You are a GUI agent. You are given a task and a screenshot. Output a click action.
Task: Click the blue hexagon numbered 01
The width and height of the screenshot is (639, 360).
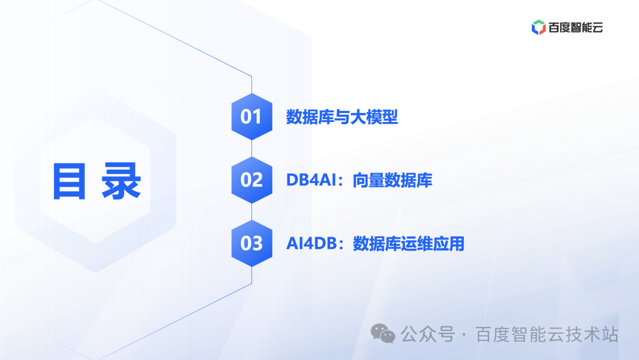pyautogui.click(x=251, y=117)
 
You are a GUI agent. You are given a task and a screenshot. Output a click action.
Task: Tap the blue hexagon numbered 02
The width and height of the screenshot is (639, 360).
pyautogui.click(x=251, y=180)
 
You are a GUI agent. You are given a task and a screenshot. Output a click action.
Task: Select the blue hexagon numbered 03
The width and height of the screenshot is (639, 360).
pyautogui.click(x=251, y=243)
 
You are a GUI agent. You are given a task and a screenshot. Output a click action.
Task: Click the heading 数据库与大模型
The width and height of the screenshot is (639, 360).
pyautogui.click(x=342, y=117)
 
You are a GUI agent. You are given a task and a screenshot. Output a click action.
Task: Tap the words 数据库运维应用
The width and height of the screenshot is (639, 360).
pyautogui.click(x=409, y=244)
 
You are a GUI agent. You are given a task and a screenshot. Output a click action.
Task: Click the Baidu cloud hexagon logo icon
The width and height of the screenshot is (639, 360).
pyautogui.click(x=538, y=27)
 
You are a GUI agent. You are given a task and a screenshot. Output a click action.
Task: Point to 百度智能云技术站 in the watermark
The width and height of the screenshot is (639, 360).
pyautogui.click(x=547, y=335)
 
